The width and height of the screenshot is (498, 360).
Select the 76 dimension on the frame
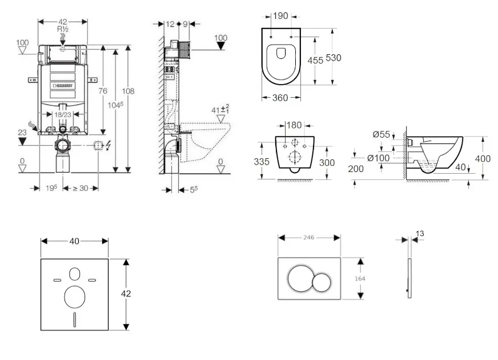coord(103,91)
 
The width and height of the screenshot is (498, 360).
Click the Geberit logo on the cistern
coord(63,86)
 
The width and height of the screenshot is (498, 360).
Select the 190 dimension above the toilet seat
coord(280,16)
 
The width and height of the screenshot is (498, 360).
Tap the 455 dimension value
coord(315,61)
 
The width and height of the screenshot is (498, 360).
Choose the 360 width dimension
coord(280,98)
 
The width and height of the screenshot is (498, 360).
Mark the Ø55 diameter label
coord(381,135)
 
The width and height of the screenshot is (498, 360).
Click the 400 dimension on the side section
coord(483,158)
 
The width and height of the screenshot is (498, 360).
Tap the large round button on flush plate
coord(300,278)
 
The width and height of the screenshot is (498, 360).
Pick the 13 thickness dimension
coord(420,233)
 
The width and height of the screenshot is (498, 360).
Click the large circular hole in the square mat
coord(75,297)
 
